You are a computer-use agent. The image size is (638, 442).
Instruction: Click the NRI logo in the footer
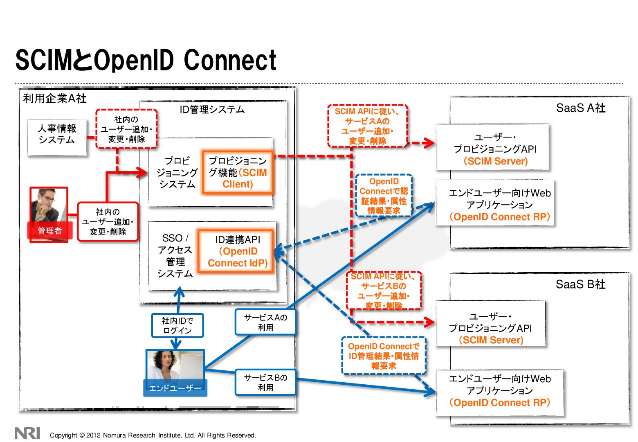pyautogui.click(x=27, y=433)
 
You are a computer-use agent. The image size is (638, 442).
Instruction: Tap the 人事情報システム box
pyautogui.click(x=57, y=138)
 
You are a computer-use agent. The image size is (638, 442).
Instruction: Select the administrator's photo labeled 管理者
pyautogui.click(x=49, y=214)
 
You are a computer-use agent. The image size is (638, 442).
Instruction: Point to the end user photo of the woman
pyautogui.click(x=175, y=373)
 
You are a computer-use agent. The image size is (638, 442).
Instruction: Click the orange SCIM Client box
pyautogui.click(x=238, y=172)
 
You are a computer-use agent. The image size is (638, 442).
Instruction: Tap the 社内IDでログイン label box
pyautogui.click(x=177, y=325)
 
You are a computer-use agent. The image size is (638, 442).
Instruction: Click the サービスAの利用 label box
pyautogui.click(x=265, y=322)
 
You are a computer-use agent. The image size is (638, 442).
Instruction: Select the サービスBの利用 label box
pyautogui.click(x=265, y=382)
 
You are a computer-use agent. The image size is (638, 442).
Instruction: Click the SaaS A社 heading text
pyautogui.click(x=580, y=108)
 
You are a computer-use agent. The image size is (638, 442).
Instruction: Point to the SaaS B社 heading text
pyautogui.click(x=580, y=284)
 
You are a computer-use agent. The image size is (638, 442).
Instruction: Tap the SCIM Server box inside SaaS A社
pyautogui.click(x=492, y=147)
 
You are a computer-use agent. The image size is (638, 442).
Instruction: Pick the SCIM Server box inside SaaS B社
pyautogui.click(x=491, y=323)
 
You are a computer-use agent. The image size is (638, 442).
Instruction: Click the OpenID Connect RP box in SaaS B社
pyautogui.click(x=500, y=393)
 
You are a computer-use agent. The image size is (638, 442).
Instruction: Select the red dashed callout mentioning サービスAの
pyautogui.click(x=367, y=126)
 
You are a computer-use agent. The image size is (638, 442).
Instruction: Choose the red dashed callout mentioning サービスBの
pyautogui.click(x=384, y=291)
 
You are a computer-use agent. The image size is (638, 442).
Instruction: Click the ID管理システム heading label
pyautogui.click(x=212, y=109)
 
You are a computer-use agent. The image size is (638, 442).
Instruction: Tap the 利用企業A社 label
pyautogui.click(x=55, y=99)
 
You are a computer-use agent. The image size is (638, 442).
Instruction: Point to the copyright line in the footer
pyautogui.click(x=153, y=435)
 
